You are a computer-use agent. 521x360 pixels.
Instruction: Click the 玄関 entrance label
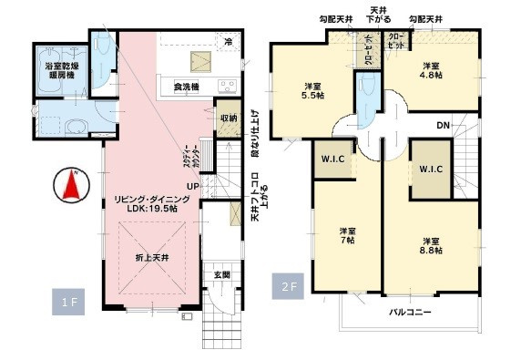tap(221, 274)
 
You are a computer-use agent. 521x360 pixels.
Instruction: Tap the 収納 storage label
tap(229, 118)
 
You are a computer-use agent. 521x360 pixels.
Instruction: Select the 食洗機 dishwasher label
tap(188, 87)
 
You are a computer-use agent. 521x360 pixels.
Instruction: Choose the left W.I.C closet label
tap(332, 159)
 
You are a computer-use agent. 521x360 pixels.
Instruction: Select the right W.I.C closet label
tap(430, 169)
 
